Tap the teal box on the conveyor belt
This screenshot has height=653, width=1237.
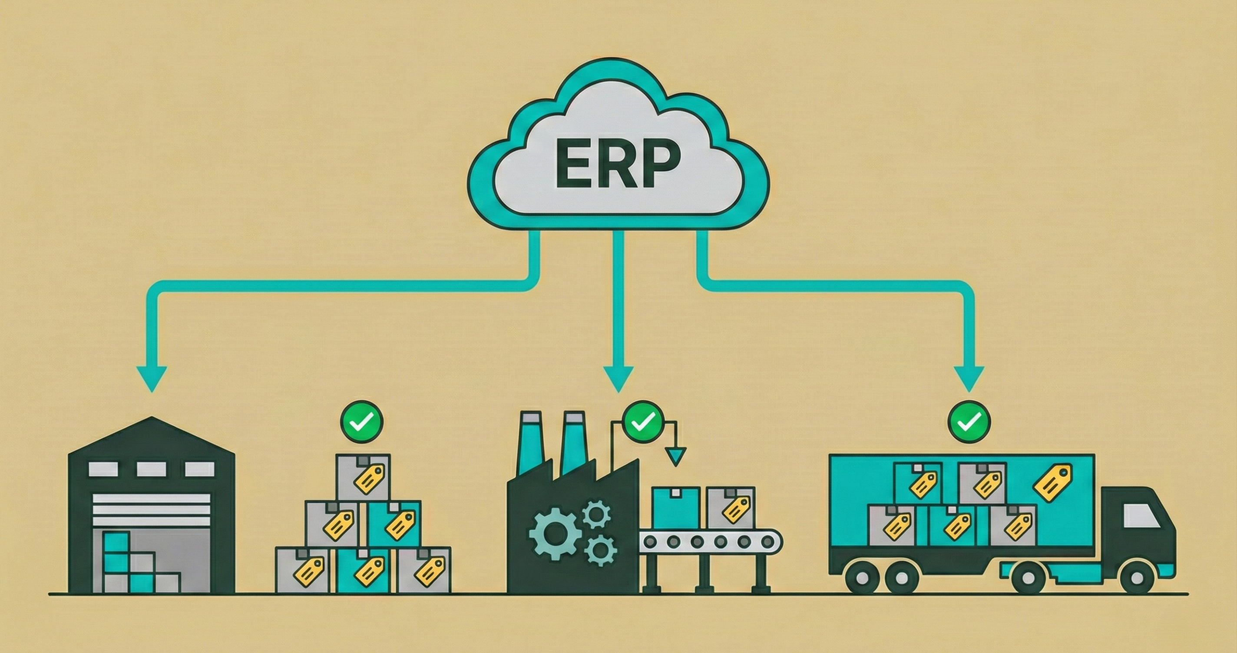point(676,508)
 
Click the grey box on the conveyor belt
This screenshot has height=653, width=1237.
point(729,508)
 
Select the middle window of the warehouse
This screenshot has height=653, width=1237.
point(151,469)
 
